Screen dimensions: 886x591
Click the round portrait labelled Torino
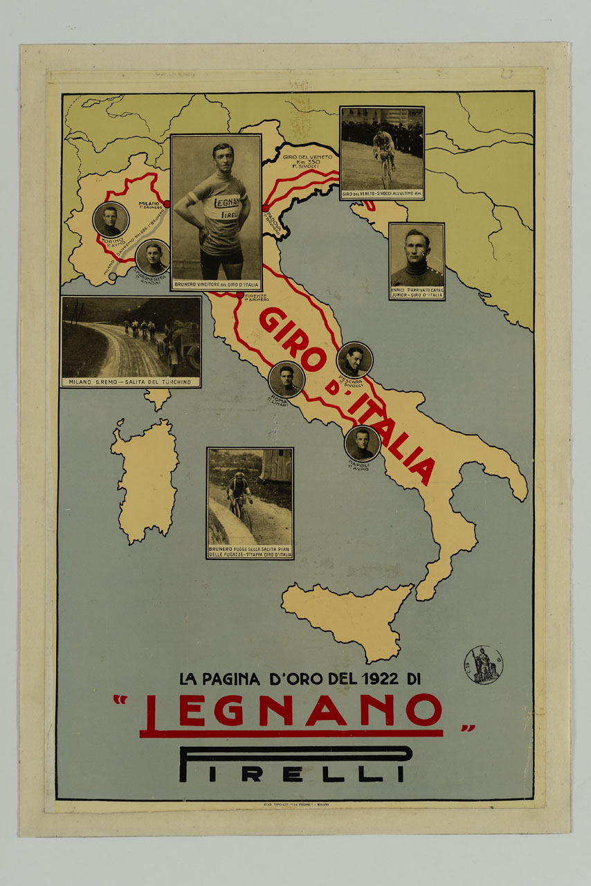[x=111, y=219]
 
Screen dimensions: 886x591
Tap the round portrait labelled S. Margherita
[x=153, y=256]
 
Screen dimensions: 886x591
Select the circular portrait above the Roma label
[x=287, y=379]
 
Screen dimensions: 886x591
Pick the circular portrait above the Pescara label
[x=354, y=360]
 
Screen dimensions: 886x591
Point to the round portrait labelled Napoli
[x=363, y=444]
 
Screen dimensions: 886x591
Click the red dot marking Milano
[x=166, y=204]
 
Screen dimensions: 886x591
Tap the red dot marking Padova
[x=265, y=208]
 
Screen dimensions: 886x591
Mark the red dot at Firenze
[x=240, y=296]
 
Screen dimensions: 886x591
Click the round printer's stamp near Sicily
[x=483, y=664]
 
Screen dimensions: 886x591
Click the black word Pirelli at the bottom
[x=294, y=765]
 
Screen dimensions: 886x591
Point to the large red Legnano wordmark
[x=291, y=713]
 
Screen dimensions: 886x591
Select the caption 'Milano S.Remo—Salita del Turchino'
[x=131, y=382]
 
